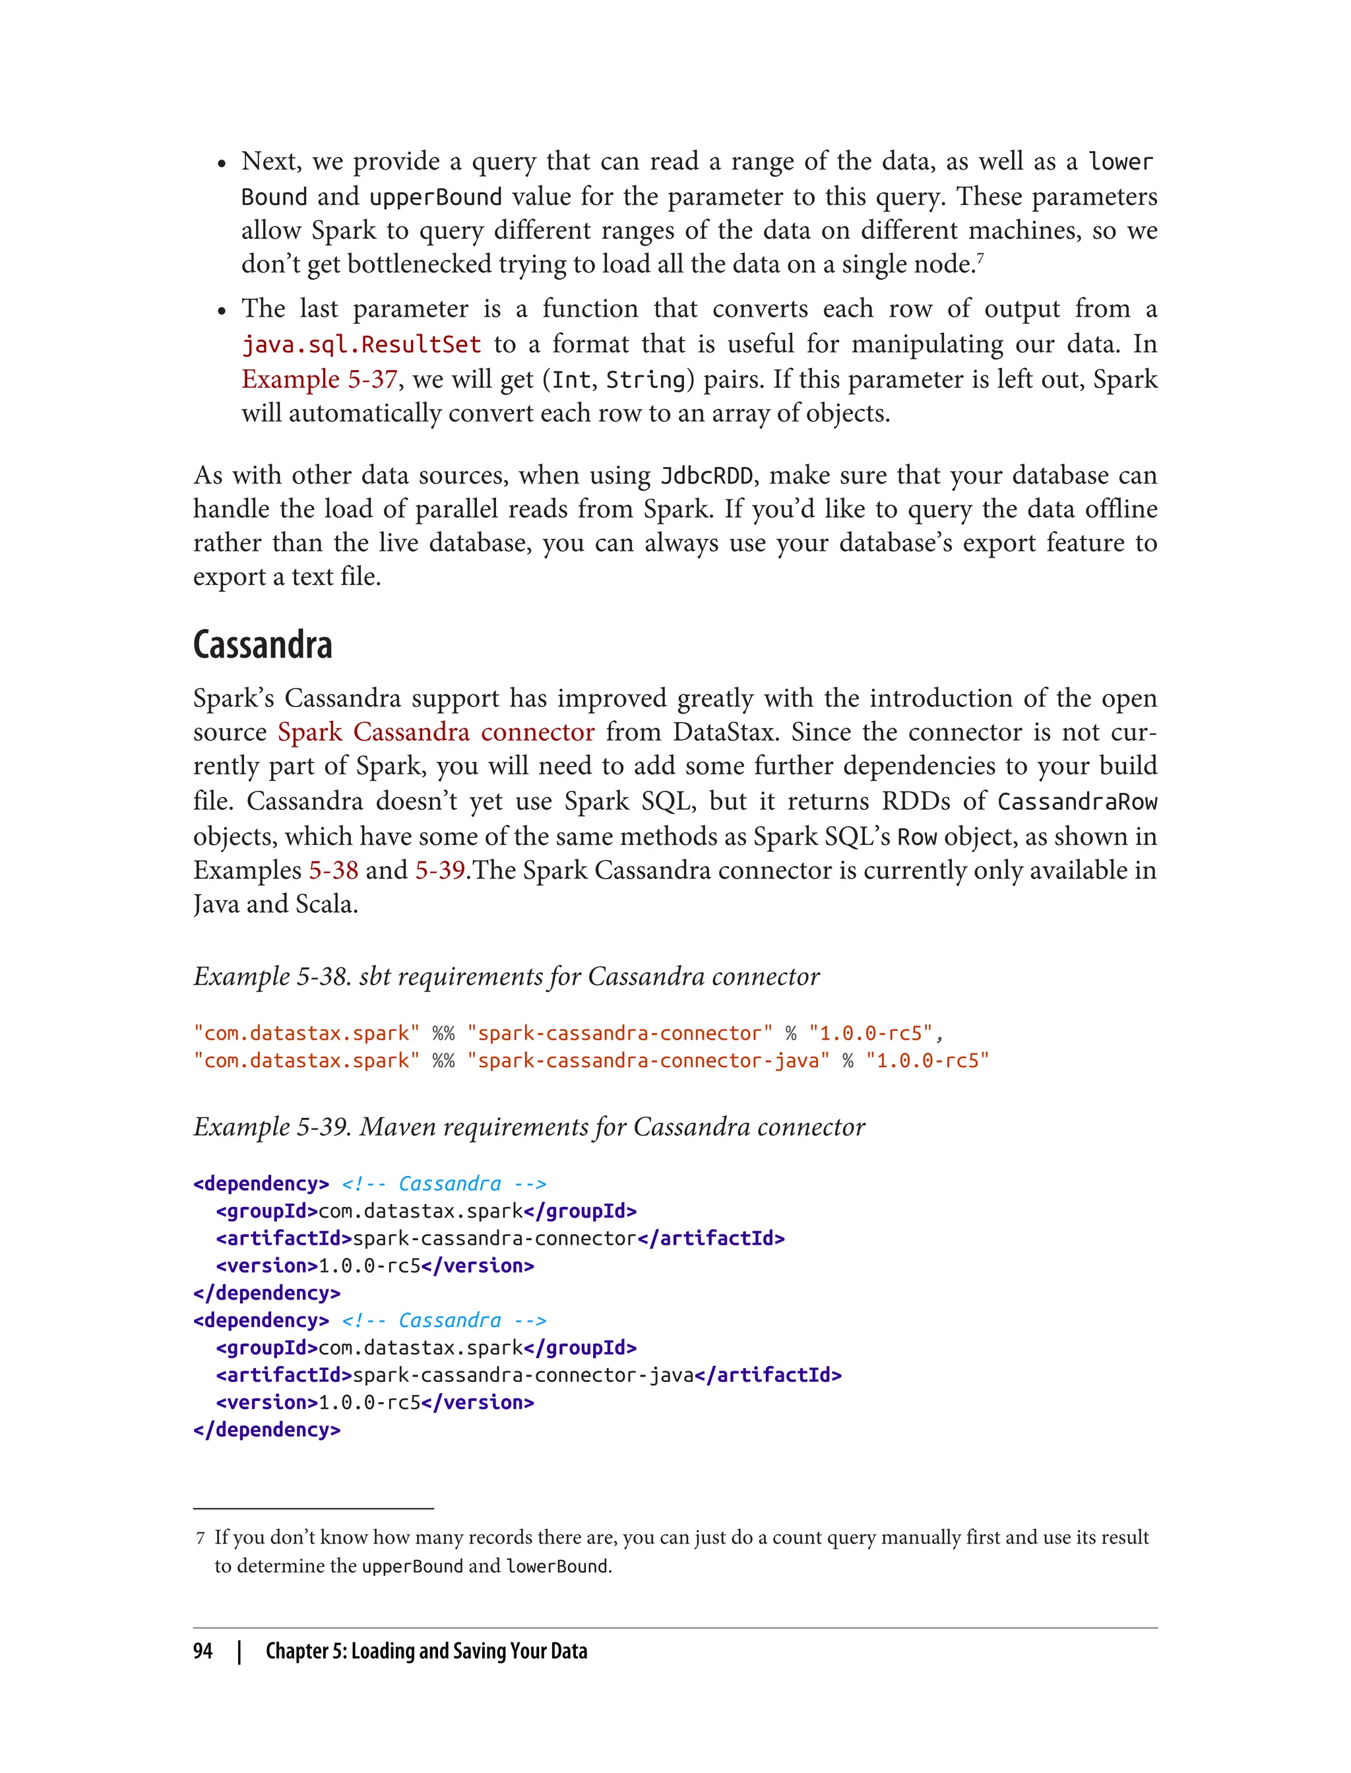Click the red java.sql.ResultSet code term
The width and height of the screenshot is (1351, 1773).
pos(361,345)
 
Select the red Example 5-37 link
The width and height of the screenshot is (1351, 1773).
pos(319,379)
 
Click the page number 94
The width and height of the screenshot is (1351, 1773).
pos(203,1651)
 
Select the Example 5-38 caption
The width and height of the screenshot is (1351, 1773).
pos(506,976)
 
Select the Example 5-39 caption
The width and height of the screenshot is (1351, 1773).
pos(528,1127)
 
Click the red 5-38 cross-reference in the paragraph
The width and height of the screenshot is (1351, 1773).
pos(333,871)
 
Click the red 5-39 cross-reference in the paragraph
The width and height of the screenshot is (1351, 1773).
pos(440,871)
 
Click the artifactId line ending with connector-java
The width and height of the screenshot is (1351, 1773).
pos(528,1375)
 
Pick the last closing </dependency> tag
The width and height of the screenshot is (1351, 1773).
pos(267,1429)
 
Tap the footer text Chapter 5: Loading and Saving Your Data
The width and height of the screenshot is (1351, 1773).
pos(426,1651)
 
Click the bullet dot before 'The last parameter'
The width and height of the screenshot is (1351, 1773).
pos(221,311)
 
